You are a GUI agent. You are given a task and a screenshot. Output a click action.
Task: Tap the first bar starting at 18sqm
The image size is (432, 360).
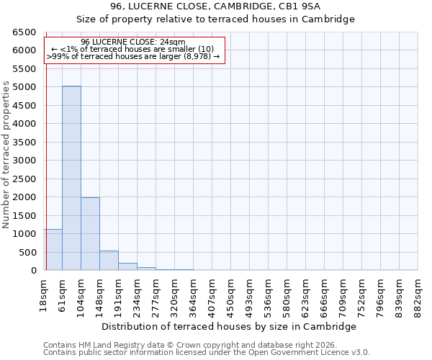point(53,250)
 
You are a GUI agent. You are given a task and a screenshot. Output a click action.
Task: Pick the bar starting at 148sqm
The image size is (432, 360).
point(109,261)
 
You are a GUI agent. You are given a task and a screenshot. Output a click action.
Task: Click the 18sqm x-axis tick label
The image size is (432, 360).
point(44,292)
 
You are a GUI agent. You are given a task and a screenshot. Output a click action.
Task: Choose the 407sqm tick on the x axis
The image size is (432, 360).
point(212,294)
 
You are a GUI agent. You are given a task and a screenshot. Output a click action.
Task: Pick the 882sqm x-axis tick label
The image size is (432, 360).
point(418,294)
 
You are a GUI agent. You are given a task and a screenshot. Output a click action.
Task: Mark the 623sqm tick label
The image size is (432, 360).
point(306,294)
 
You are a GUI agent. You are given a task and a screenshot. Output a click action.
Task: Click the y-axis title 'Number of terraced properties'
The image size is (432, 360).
point(6,154)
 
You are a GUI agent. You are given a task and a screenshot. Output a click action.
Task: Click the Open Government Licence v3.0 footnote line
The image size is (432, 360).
point(207,353)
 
